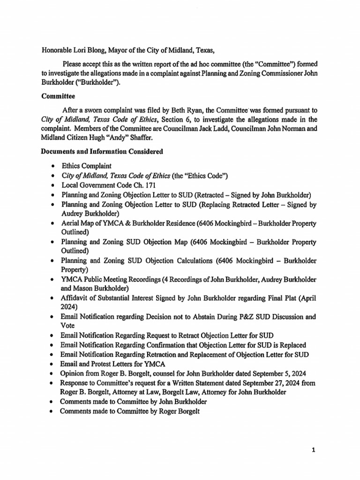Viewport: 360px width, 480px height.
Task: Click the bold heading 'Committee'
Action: tap(58, 97)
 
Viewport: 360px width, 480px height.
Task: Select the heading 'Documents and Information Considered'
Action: tap(102, 151)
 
